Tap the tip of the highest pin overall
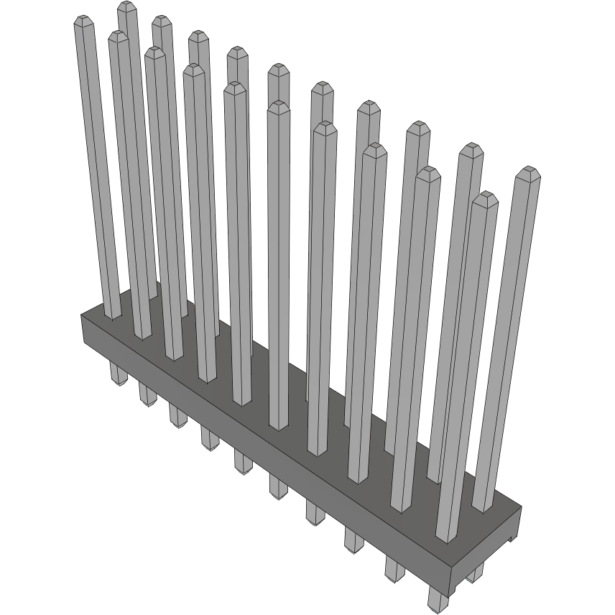click(x=127, y=6)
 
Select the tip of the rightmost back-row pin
click(x=528, y=171)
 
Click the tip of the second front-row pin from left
click(x=119, y=34)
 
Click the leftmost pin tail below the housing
click(x=116, y=374)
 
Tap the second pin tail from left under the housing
click(x=147, y=394)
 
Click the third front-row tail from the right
click(x=353, y=539)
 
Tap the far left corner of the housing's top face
click(x=81, y=315)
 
